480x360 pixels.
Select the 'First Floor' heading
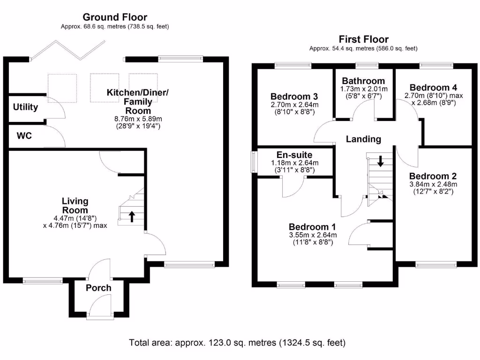pyautogui.click(x=363, y=39)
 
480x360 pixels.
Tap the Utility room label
pyautogui.click(x=25, y=107)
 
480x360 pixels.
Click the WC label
pyautogui.click(x=24, y=135)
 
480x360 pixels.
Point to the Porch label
pyautogui.click(x=98, y=288)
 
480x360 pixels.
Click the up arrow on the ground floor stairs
pyautogui.click(x=132, y=216)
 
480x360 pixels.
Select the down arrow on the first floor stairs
pyautogui.click(x=380, y=162)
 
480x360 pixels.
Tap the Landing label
pyautogui.click(x=363, y=139)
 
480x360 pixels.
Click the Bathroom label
pyautogui.click(x=363, y=81)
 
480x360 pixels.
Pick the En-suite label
pyautogui.click(x=294, y=155)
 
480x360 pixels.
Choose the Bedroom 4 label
pyautogui.click(x=433, y=88)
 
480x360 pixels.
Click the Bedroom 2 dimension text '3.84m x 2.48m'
pyautogui.click(x=433, y=184)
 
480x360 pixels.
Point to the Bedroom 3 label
pyautogui.click(x=294, y=97)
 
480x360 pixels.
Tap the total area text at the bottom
pyautogui.click(x=237, y=343)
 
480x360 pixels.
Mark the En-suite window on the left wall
pyautogui.click(x=254, y=163)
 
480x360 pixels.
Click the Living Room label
pyautogui.click(x=75, y=206)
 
